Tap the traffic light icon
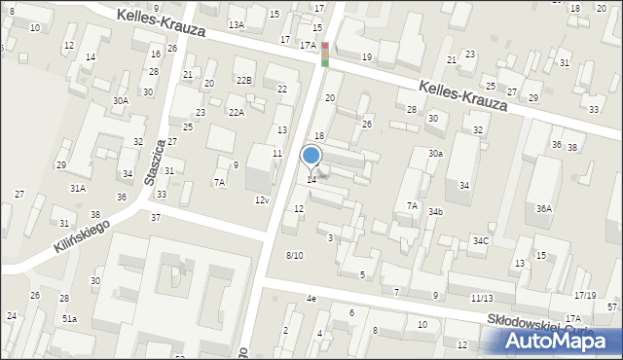325,54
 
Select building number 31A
77,189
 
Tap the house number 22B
243,81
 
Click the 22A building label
237,113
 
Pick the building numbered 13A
237,24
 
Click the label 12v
261,199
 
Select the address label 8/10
294,255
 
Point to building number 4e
311,298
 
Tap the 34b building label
436,211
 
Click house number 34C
481,240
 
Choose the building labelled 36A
544,208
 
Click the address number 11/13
481,298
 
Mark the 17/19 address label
584,295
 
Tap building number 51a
70,318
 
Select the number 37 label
156,217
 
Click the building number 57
612,307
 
